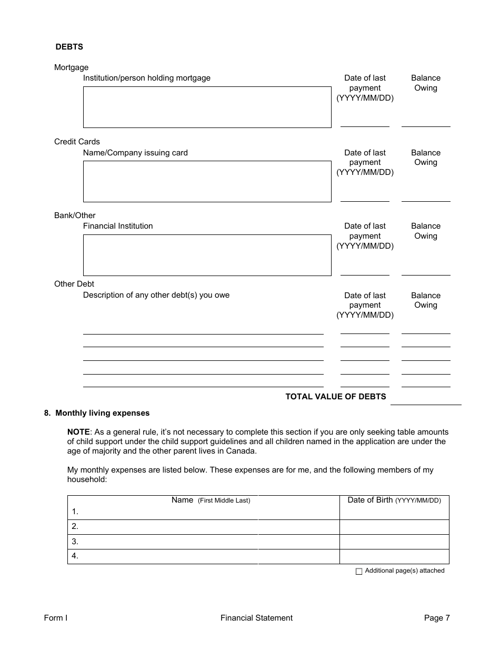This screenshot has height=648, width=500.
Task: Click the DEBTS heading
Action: (x=69, y=47)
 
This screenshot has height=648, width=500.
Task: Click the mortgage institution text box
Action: (x=207, y=107)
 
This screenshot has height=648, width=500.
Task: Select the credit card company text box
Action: (x=207, y=181)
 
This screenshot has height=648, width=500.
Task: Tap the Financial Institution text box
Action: (x=207, y=255)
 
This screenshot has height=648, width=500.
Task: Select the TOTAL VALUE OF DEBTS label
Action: (x=335, y=397)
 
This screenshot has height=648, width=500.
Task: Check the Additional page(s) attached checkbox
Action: (x=359, y=572)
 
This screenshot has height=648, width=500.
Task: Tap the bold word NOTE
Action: (x=78, y=431)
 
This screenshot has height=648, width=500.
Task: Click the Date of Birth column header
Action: (x=394, y=500)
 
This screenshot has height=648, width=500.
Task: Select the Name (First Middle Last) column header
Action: (x=211, y=500)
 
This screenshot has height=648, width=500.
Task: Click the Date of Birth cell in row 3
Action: (x=394, y=542)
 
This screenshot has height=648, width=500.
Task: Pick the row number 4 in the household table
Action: (x=75, y=556)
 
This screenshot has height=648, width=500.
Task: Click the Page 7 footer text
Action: (x=437, y=618)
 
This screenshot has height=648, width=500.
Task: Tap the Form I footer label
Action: (x=56, y=618)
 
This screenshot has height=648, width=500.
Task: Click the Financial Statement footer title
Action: (x=256, y=618)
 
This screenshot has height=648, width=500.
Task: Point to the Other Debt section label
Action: (x=74, y=284)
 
